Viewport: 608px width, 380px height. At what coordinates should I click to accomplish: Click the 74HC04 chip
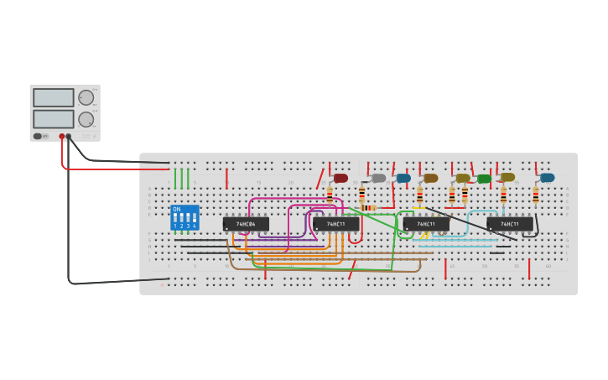[x=246, y=224]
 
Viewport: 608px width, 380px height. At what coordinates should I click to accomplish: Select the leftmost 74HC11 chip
[x=336, y=224]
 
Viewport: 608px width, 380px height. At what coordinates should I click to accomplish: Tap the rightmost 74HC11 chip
[x=510, y=224]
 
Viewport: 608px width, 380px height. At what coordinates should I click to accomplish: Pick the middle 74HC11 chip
[x=426, y=224]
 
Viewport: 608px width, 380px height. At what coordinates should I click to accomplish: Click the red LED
[x=340, y=178]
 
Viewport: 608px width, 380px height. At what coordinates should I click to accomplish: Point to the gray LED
[x=379, y=178]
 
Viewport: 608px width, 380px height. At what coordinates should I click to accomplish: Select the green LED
[x=484, y=179]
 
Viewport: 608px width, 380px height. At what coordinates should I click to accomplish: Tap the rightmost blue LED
[x=548, y=178]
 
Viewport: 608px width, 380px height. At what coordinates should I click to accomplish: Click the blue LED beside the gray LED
[x=404, y=178]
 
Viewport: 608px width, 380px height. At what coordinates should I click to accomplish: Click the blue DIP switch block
[x=184, y=217]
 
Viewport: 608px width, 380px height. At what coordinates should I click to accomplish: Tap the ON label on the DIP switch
[x=176, y=209]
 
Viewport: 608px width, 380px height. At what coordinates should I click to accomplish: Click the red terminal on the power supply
[x=62, y=136]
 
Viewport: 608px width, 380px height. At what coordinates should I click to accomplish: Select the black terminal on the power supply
[x=69, y=136]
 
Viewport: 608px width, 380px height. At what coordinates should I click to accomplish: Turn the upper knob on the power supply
[x=86, y=97]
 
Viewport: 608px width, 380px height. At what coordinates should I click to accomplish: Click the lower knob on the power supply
[x=86, y=119]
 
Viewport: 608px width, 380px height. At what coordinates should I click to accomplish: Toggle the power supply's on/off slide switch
[x=38, y=136]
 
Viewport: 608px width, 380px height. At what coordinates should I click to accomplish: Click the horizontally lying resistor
[x=368, y=208]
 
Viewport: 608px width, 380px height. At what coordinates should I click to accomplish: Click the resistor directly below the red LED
[x=330, y=194]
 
